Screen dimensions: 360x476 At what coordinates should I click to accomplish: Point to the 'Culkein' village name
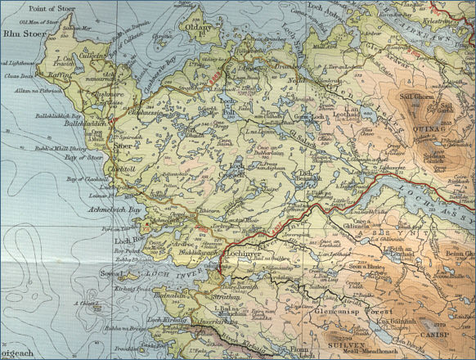(x=70, y=56)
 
